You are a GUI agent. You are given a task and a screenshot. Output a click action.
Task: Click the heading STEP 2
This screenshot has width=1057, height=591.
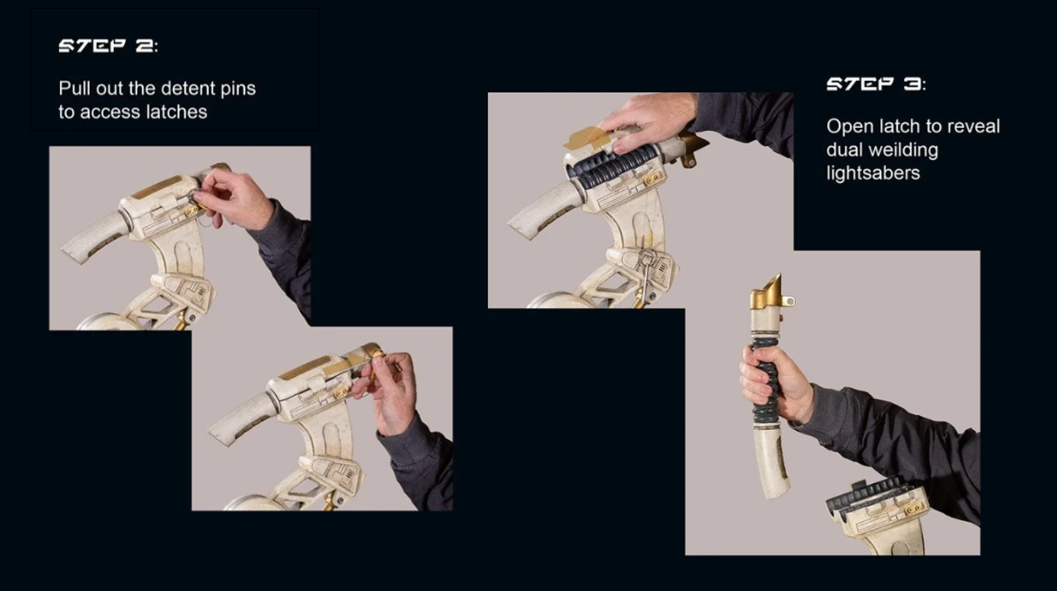click(109, 46)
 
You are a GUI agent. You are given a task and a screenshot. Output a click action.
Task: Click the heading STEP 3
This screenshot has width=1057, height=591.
click(876, 84)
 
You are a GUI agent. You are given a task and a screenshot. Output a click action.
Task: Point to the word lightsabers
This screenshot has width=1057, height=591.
click(873, 172)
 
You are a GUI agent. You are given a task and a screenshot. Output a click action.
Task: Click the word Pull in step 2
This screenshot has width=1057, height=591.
click(75, 88)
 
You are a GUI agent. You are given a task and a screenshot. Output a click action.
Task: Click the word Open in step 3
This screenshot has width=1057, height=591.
click(849, 126)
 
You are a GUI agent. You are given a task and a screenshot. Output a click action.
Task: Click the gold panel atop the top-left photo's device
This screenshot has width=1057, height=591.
click(157, 186)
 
